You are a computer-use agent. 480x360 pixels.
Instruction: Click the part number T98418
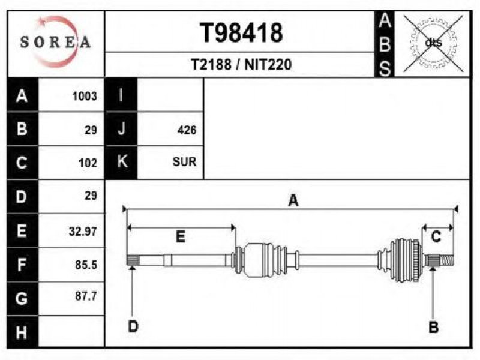pyautogui.click(x=241, y=33)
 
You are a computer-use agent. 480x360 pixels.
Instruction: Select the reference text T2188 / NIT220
pyautogui.click(x=241, y=65)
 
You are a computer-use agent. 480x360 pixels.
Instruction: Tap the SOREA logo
pyautogui.click(x=55, y=41)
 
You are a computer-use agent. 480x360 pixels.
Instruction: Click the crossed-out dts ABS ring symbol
pyautogui.click(x=433, y=43)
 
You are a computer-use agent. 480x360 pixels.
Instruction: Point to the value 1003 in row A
pyautogui.click(x=85, y=96)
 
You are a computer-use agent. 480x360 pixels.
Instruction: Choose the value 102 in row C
pyautogui.click(x=88, y=163)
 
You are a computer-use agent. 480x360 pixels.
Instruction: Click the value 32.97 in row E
pyautogui.click(x=83, y=231)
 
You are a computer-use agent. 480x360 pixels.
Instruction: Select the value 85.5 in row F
pyautogui.click(x=86, y=265)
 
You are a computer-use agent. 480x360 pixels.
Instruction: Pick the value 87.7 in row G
pyautogui.click(x=86, y=296)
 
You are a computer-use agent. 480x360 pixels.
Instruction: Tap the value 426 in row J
pyautogui.click(x=187, y=130)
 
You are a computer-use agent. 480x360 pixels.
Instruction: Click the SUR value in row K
pyautogui.click(x=185, y=161)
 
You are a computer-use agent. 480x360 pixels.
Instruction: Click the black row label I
pyautogui.click(x=121, y=95)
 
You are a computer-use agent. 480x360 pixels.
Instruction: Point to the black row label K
pyautogui.click(x=121, y=161)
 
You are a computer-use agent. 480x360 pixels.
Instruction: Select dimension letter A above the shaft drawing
pyautogui.click(x=293, y=201)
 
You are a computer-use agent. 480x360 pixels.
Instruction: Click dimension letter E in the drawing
pyautogui.click(x=181, y=236)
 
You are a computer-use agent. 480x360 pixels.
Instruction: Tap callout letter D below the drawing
pyautogui.click(x=133, y=326)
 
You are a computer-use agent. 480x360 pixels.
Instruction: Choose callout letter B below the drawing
pyautogui.click(x=433, y=327)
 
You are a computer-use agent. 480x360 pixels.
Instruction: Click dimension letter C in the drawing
pyautogui.click(x=436, y=236)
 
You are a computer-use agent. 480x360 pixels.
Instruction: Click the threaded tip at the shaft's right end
pyautogui.click(x=447, y=260)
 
